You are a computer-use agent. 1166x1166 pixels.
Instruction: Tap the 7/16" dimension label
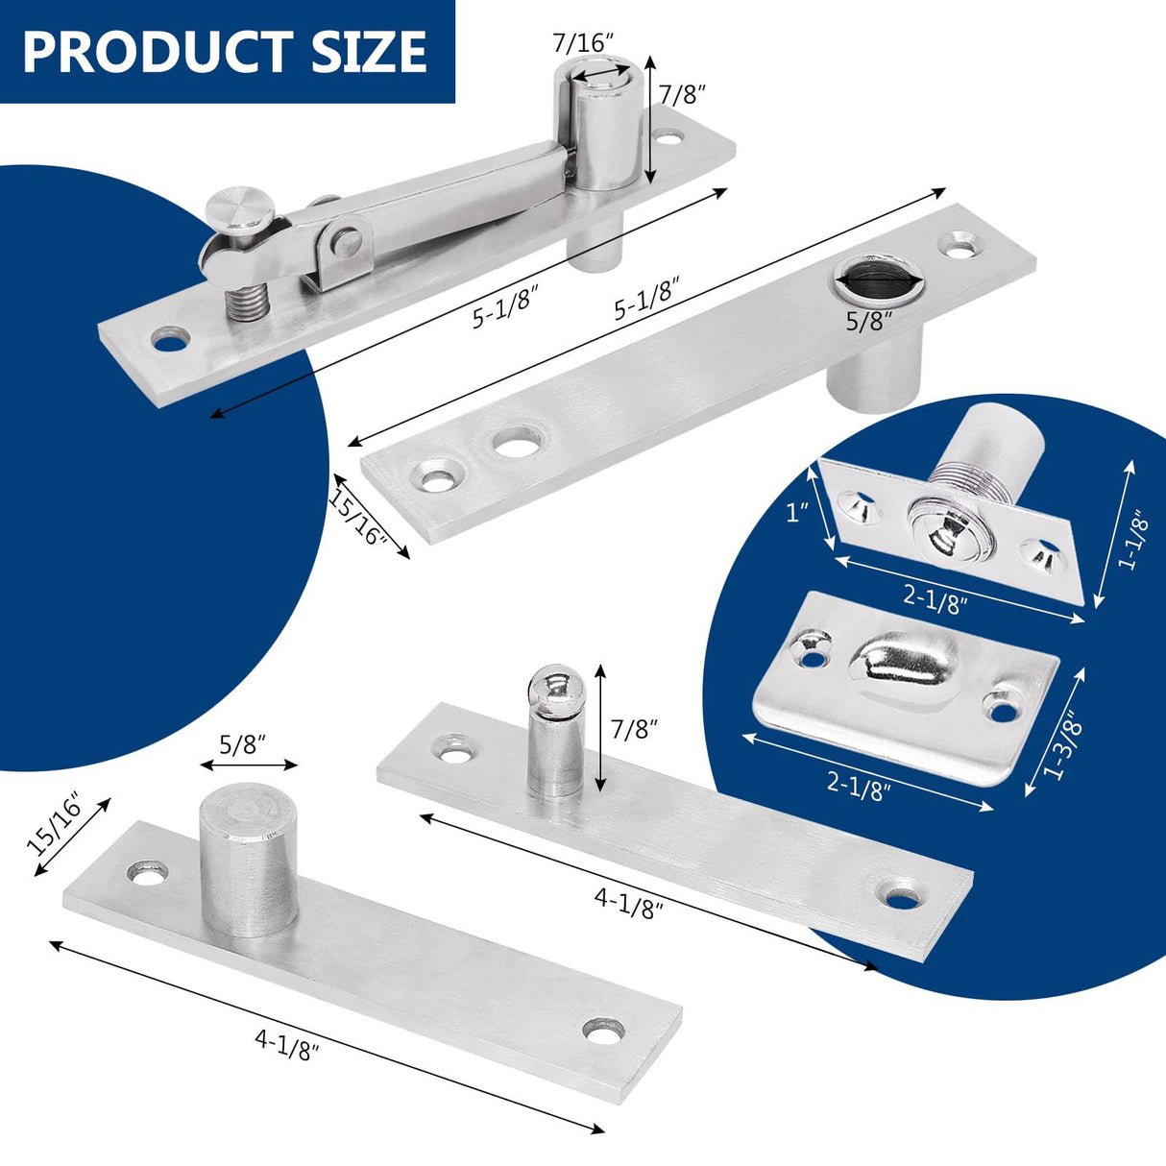click(582, 42)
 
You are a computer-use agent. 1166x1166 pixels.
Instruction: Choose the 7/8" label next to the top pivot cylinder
click(683, 93)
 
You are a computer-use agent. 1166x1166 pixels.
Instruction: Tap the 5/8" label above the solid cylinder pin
click(242, 743)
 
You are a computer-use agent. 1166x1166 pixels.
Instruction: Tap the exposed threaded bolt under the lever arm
click(245, 298)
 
